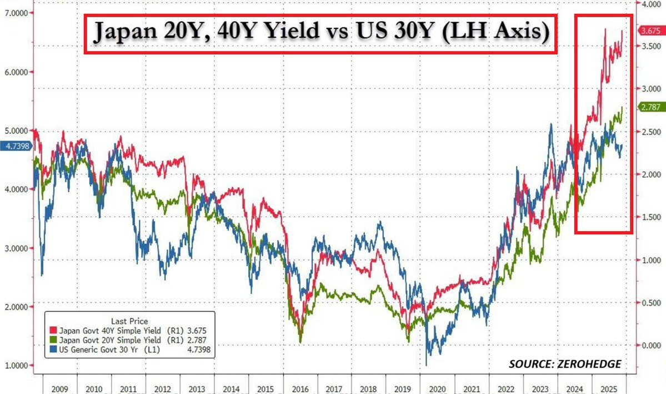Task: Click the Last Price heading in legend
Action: (129, 321)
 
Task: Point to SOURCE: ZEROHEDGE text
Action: (565, 364)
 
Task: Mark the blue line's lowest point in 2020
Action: (427, 365)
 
